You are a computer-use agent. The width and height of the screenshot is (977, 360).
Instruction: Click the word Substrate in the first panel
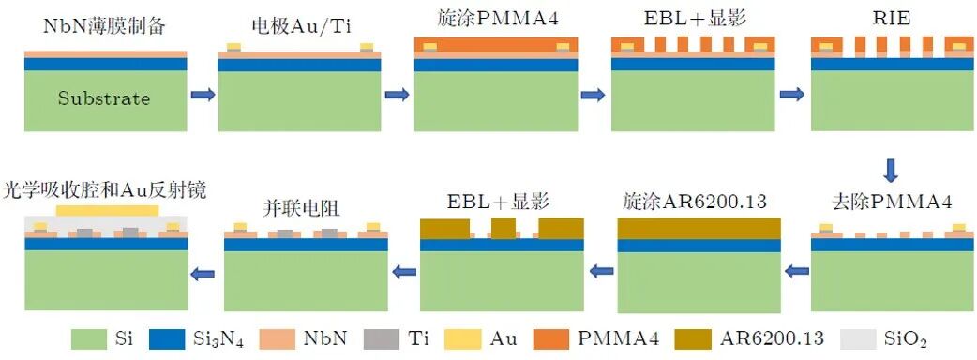click(x=104, y=98)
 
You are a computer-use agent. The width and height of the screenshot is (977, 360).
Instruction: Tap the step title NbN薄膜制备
click(x=106, y=26)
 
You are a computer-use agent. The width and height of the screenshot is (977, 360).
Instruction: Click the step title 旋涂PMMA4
click(x=496, y=18)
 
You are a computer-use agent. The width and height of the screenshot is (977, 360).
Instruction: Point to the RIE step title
click(x=892, y=19)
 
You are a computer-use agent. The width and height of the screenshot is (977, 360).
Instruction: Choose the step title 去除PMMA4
click(x=892, y=202)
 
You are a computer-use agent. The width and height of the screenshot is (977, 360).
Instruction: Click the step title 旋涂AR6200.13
click(x=695, y=202)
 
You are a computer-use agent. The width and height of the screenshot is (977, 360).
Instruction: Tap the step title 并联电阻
click(x=303, y=209)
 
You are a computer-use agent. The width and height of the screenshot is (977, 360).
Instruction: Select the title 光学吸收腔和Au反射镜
click(x=105, y=189)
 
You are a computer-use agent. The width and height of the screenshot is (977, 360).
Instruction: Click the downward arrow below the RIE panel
click(x=892, y=170)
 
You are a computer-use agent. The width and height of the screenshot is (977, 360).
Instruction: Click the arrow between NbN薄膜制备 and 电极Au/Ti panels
click(x=203, y=95)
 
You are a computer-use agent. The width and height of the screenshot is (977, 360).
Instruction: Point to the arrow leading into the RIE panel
click(x=792, y=95)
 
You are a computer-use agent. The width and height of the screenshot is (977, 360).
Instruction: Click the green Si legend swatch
click(x=89, y=338)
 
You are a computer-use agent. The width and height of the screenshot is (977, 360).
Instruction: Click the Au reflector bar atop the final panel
click(x=107, y=210)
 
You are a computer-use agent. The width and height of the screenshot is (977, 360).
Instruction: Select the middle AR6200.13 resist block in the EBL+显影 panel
click(x=504, y=228)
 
